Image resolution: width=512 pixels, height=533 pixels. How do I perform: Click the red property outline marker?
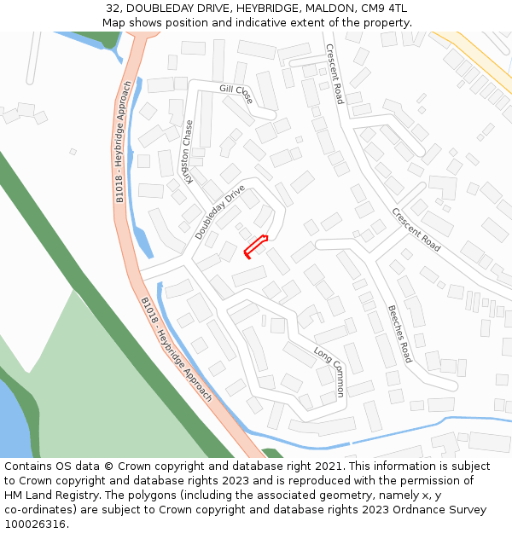click(256, 246)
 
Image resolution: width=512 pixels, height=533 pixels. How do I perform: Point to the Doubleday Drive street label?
click(219, 211)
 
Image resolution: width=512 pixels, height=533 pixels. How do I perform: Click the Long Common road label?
click(329, 372)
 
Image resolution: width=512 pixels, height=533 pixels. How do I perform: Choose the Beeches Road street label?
click(399, 333)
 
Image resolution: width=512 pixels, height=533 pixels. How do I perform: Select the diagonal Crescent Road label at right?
click(416, 229)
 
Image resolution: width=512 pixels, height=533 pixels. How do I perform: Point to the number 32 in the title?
click(113, 8)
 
